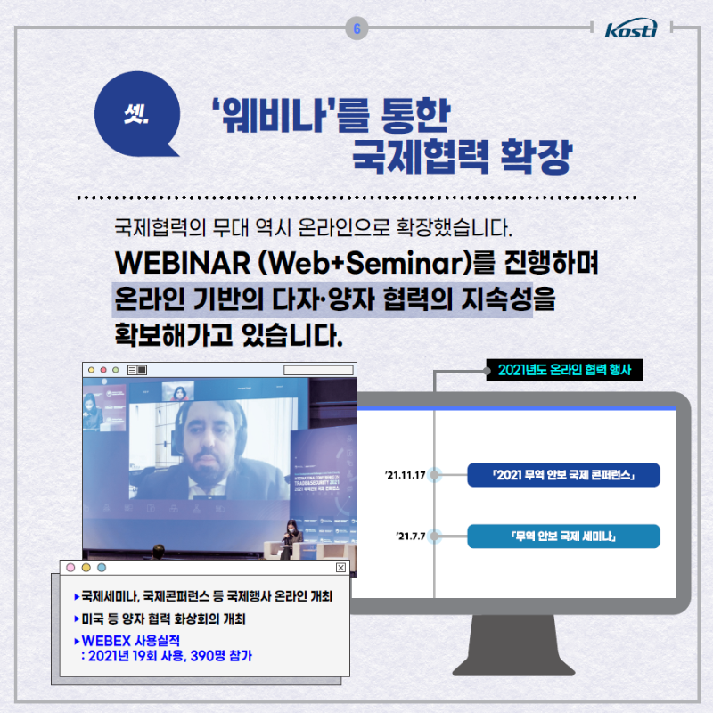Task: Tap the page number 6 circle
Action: click(x=356, y=29)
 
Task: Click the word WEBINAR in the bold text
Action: click(x=169, y=266)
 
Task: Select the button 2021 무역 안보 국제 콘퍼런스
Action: click(x=563, y=475)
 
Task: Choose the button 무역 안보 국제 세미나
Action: click(x=563, y=536)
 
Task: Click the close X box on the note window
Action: click(x=340, y=568)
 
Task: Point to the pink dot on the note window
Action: click(x=70, y=568)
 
